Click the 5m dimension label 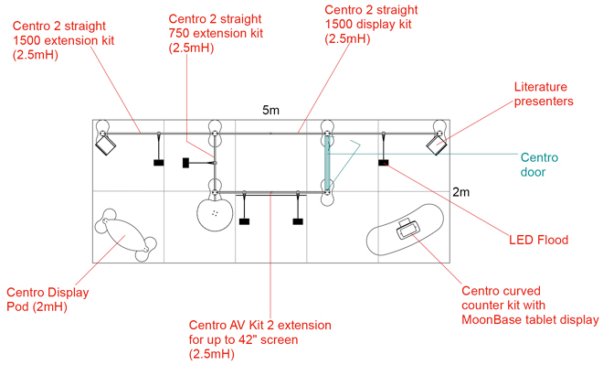(x=270, y=110)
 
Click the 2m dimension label (x=460, y=192)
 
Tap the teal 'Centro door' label (x=539, y=165)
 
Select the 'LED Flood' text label (x=538, y=240)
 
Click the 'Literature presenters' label (x=544, y=94)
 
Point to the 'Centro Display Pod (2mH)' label (x=48, y=299)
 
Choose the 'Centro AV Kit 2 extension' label (x=260, y=339)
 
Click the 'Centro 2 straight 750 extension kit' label (x=216, y=33)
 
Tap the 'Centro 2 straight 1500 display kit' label (x=372, y=24)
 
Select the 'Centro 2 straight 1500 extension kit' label (x=63, y=40)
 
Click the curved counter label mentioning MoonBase (x=530, y=305)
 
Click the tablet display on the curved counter (x=407, y=230)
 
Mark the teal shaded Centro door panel (x=327, y=163)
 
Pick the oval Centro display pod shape (x=125, y=235)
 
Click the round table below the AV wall (x=215, y=214)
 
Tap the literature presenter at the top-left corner (x=105, y=145)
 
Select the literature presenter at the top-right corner (x=437, y=145)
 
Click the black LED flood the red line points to (x=384, y=163)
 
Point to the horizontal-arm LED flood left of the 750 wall (x=185, y=163)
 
